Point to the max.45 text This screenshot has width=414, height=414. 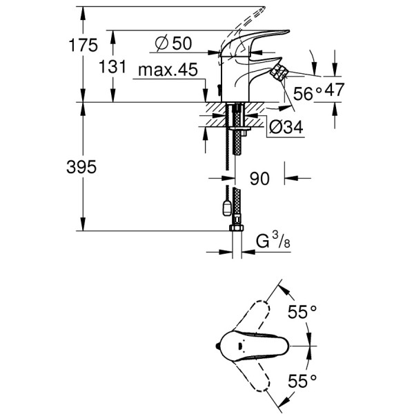[x=168, y=70]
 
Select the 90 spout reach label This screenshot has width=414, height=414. [x=259, y=179]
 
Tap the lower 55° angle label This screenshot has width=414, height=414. [x=302, y=379]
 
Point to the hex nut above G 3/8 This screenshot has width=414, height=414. [x=235, y=228]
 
